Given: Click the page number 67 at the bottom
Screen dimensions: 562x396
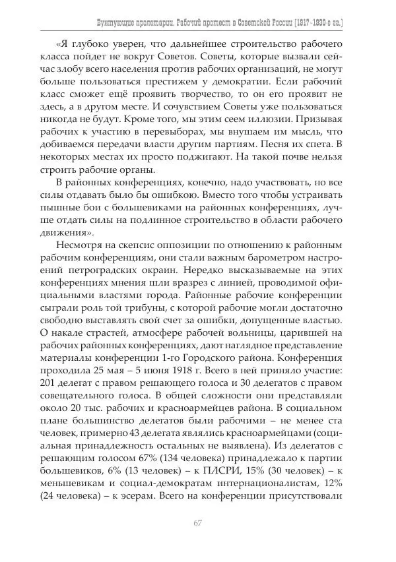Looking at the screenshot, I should coord(197,523).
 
